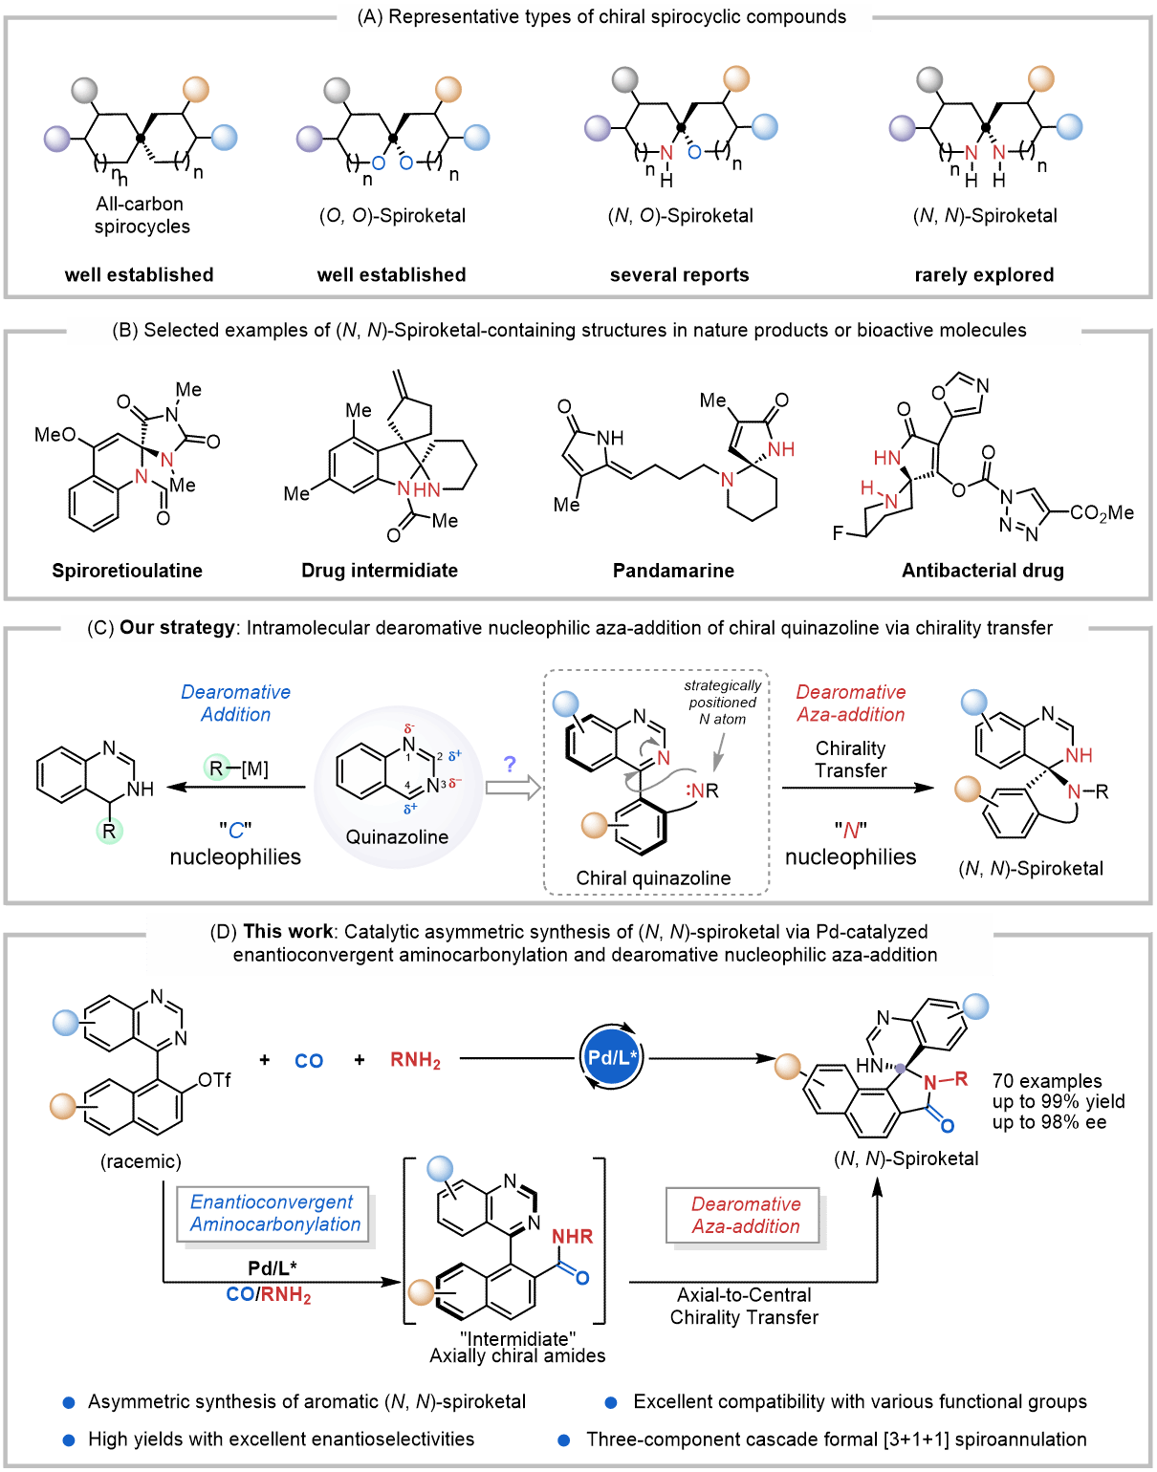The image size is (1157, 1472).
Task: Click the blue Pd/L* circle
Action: (x=611, y=1056)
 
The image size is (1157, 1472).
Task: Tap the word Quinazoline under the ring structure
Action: (x=397, y=837)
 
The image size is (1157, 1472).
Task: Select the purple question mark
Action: (x=510, y=764)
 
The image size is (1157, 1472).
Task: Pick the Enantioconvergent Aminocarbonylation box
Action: (x=275, y=1214)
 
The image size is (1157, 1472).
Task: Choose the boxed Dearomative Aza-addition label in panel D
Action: (x=745, y=1216)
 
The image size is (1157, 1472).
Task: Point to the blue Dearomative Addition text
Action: (x=235, y=704)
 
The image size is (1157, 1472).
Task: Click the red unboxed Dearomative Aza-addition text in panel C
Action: (x=850, y=704)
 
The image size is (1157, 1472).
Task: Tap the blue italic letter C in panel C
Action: (x=236, y=831)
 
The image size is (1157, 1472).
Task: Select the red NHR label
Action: (x=572, y=1237)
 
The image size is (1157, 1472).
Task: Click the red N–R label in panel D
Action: (x=946, y=1080)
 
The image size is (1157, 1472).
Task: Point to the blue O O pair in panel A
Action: (x=392, y=163)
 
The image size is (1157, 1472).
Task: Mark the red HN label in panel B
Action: (x=887, y=459)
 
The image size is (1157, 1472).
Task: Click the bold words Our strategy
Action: (x=177, y=628)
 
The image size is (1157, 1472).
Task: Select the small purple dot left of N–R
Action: (x=900, y=1069)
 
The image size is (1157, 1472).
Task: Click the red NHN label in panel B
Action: (x=419, y=489)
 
